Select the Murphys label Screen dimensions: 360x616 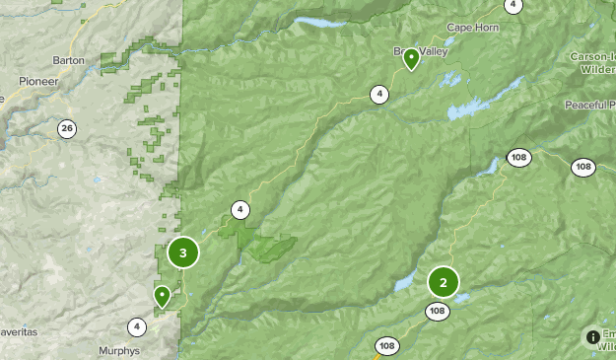119,350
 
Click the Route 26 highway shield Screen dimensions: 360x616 66,128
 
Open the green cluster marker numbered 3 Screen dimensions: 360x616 182,252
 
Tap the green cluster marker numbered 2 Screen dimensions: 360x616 443,283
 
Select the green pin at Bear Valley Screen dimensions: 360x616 411,58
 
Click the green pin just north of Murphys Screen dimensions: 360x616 162,295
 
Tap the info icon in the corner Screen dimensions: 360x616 592,337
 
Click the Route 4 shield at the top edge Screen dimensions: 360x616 513,5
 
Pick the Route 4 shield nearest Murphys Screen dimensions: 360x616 136,326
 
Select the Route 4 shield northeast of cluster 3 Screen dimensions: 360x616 240,209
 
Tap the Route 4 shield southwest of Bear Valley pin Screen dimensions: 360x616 379,95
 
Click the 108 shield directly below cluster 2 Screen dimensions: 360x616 438,312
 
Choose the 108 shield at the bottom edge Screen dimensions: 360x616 386,346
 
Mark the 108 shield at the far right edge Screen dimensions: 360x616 582,167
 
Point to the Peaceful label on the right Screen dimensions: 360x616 589,105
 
